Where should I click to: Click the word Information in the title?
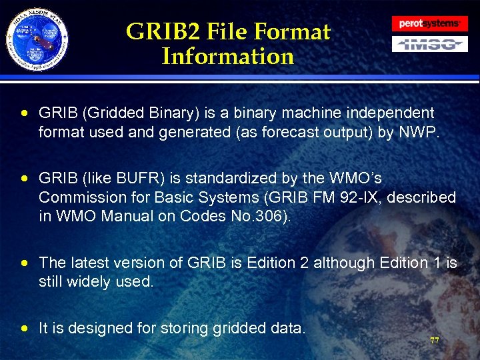coord(227,56)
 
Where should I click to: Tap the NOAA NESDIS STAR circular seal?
coord(38,41)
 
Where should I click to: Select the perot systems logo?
coord(429,23)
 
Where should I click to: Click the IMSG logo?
coord(429,44)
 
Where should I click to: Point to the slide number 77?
coord(434,341)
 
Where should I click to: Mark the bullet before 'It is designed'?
coord(25,328)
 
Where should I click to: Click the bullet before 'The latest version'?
coord(25,263)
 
